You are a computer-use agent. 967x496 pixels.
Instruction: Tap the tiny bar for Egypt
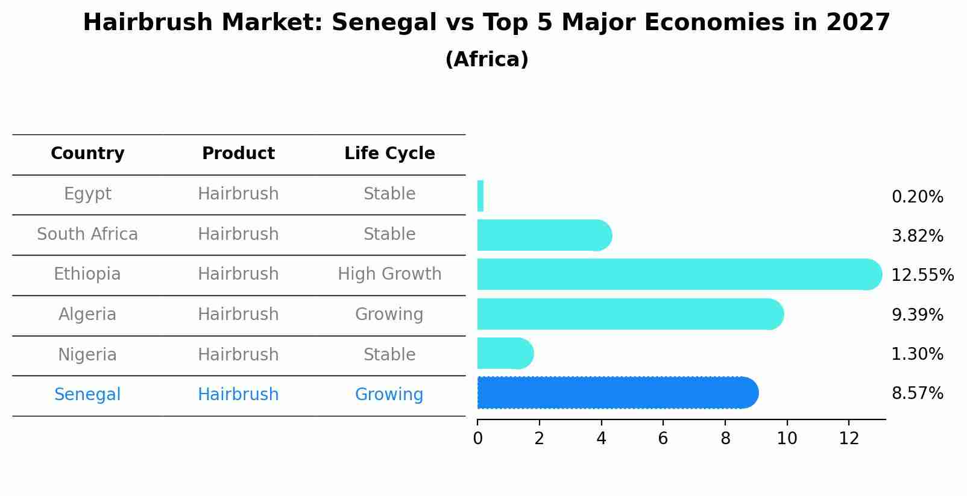[x=480, y=196]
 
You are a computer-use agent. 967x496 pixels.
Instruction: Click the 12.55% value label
[x=922, y=275]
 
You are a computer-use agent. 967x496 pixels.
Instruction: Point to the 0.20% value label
[x=917, y=197]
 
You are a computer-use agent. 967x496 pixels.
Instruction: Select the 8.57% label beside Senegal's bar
[x=917, y=394]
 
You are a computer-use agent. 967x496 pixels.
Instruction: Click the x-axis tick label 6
[x=663, y=439]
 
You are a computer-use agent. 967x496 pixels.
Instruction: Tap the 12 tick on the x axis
[x=849, y=439]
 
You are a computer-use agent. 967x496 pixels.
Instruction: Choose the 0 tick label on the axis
[x=477, y=439]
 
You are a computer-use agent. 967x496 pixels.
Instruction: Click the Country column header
[x=87, y=154]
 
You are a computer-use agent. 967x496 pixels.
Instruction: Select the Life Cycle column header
[x=389, y=154]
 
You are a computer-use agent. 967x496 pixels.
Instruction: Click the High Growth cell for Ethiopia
[x=389, y=274]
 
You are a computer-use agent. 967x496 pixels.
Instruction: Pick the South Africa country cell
[x=87, y=234]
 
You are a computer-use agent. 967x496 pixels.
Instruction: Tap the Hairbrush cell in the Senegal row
[x=238, y=395]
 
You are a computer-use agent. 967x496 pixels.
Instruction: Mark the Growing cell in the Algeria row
[x=389, y=315]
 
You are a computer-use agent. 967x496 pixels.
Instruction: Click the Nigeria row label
[x=87, y=354]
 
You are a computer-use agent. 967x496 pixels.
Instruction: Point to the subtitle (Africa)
[x=487, y=60]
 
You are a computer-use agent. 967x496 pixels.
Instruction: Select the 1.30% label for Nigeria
[x=917, y=354]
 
